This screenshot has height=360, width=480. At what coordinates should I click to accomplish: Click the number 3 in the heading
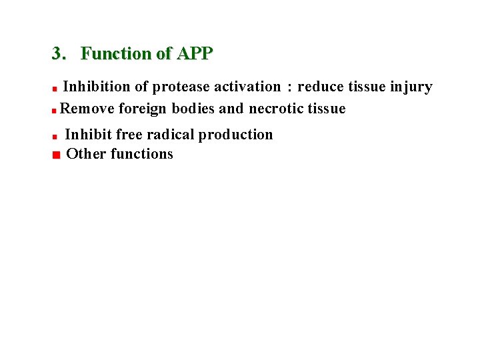57,53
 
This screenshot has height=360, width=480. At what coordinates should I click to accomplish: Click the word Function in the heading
117,53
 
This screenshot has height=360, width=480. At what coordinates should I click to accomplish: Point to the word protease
181,87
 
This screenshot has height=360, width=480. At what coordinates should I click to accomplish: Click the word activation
247,87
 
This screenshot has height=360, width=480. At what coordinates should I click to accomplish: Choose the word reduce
321,87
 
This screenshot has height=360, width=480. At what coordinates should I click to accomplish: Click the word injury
411,87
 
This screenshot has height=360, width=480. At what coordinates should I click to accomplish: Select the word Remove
87,109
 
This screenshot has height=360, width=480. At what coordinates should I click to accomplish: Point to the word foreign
143,109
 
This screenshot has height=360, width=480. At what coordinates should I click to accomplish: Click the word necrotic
277,109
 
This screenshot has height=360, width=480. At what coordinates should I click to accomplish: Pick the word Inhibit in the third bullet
88,135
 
